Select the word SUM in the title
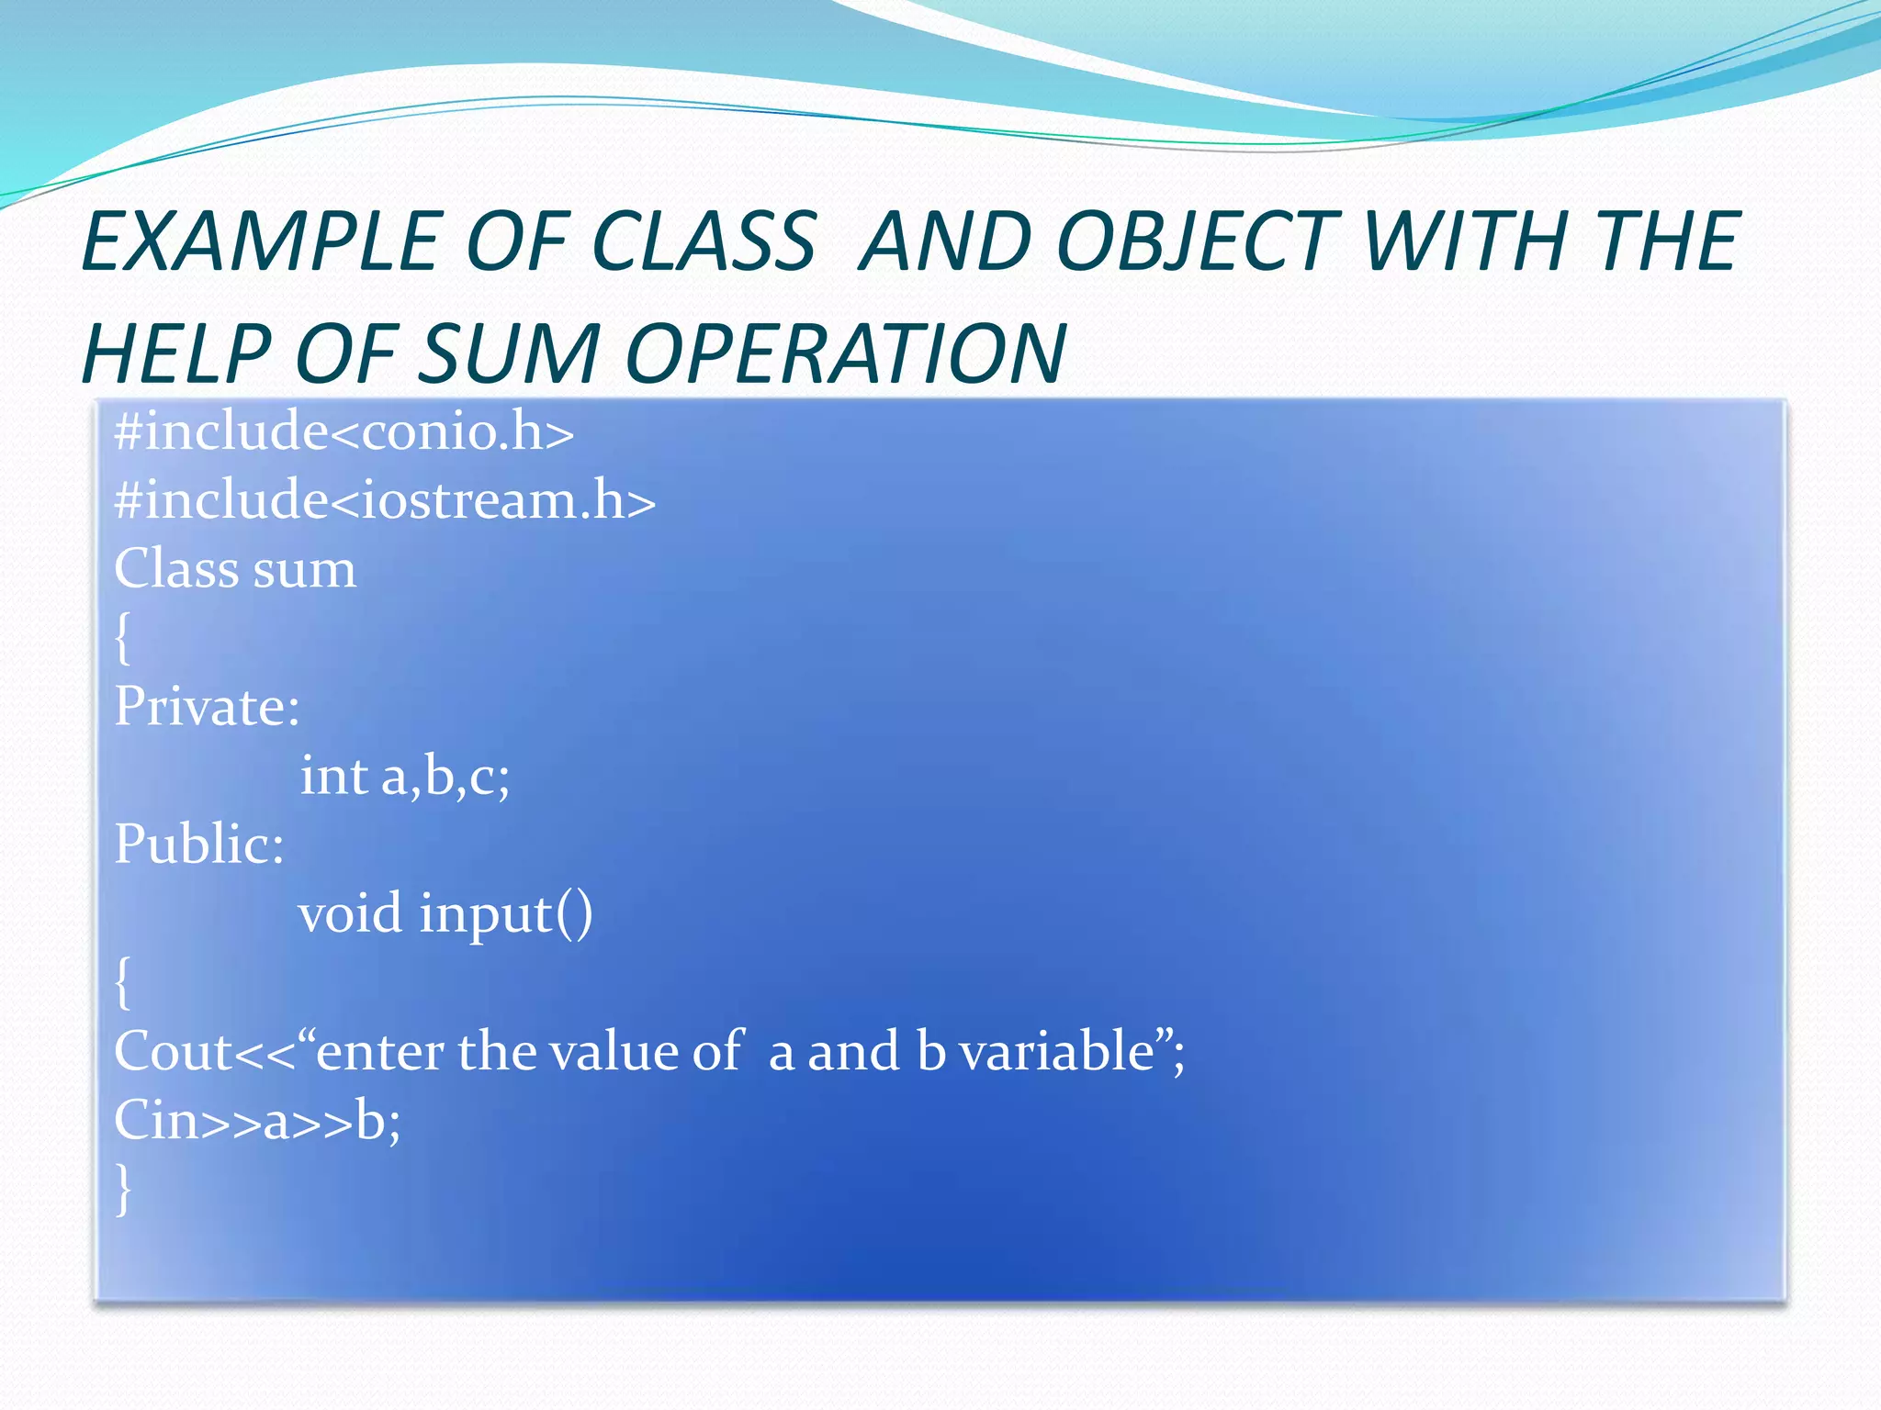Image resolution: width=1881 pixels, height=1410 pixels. pos(511,354)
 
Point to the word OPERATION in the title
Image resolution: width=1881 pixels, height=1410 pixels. pos(845,354)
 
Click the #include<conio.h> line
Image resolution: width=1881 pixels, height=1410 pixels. pos(344,431)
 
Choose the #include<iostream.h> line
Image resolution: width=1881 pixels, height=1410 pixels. pos(385,500)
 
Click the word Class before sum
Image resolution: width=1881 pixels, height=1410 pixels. pos(175,568)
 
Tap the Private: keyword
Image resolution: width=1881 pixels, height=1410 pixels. pos(208,707)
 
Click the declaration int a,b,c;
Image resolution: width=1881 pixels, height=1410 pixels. pos(405,776)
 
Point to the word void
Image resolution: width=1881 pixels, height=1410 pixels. pos(350,913)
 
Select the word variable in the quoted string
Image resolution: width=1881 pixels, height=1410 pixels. pos(1055,1051)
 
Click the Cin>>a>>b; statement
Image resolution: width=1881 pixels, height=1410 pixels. pos(257,1121)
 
